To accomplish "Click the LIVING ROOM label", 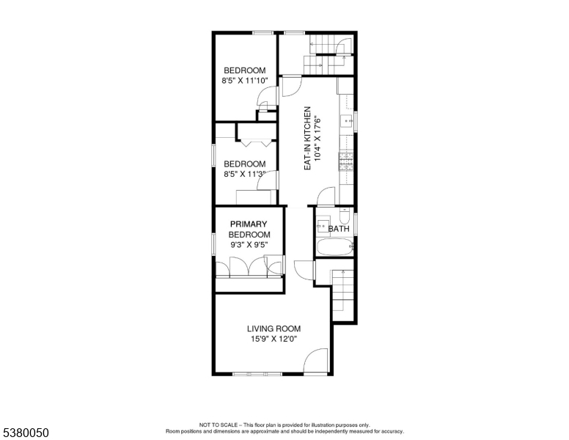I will pos(274,329).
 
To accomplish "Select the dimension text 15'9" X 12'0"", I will pos(274,339).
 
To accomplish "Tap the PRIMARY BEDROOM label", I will pos(249,229).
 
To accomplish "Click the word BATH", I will pos(339,229).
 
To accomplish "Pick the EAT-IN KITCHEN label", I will pos(308,139).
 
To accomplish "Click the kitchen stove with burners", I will pos(344,161).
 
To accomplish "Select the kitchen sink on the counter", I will pos(345,121).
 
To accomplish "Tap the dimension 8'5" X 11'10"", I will pos(245,81).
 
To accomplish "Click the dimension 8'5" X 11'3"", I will pos(245,174).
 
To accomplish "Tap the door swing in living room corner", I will pos(317,361).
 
